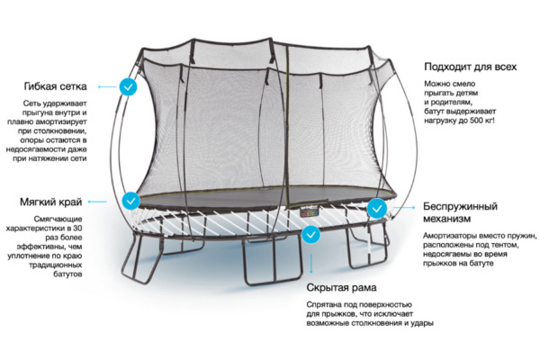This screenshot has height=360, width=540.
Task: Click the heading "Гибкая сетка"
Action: [55, 86]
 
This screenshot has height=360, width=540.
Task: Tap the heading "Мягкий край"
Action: [51, 202]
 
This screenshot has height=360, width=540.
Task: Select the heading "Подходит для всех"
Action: [471, 67]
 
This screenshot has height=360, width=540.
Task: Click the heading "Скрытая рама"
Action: [341, 288]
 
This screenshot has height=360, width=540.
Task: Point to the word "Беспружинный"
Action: [461, 207]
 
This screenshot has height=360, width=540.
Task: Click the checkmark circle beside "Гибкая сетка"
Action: [128, 86]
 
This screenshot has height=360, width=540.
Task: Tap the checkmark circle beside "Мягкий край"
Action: [131, 201]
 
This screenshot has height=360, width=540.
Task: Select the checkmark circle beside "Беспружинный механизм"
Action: [377, 209]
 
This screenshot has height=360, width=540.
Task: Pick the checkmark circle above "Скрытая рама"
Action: [311, 235]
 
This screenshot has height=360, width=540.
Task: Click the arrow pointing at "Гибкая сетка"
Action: [107, 86]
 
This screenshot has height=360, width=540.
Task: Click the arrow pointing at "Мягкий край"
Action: [97, 202]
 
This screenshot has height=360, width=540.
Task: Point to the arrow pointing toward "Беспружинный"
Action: [403, 207]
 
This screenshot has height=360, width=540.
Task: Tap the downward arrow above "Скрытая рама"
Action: [311, 264]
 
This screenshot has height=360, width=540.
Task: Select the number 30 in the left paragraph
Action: [77, 228]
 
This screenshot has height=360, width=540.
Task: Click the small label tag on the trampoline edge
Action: [310, 212]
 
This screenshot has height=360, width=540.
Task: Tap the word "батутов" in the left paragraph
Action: [67, 274]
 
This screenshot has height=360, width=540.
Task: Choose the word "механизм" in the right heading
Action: [447, 219]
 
